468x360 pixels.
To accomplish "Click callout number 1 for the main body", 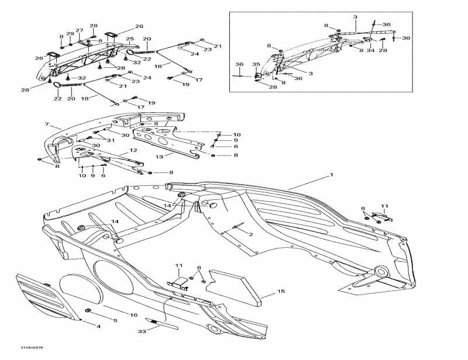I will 331,175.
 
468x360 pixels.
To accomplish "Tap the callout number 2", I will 251,234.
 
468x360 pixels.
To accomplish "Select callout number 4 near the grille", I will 98,326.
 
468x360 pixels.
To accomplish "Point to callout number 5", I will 115,321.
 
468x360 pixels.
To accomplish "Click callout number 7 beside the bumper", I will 46,125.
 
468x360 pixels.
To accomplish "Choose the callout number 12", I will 133,151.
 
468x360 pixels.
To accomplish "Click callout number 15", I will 281,291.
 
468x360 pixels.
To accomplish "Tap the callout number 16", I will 134,315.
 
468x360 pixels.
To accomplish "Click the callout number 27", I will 80,30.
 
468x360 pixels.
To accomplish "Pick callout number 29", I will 70,33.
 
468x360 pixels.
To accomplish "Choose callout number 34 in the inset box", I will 370,51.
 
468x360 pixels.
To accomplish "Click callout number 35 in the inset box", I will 255,64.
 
